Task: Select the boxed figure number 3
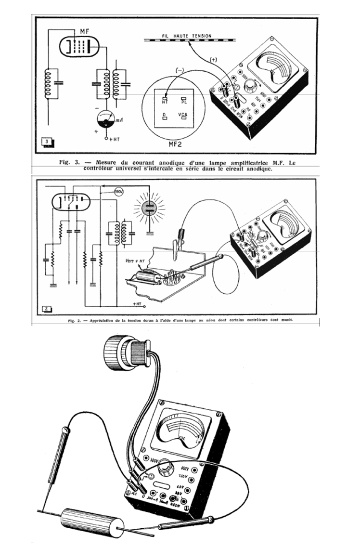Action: click(x=47, y=142)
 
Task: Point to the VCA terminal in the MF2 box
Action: click(x=183, y=116)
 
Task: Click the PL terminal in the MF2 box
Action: click(x=183, y=100)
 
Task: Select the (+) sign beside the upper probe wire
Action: click(x=214, y=59)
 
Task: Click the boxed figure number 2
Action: click(x=47, y=309)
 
